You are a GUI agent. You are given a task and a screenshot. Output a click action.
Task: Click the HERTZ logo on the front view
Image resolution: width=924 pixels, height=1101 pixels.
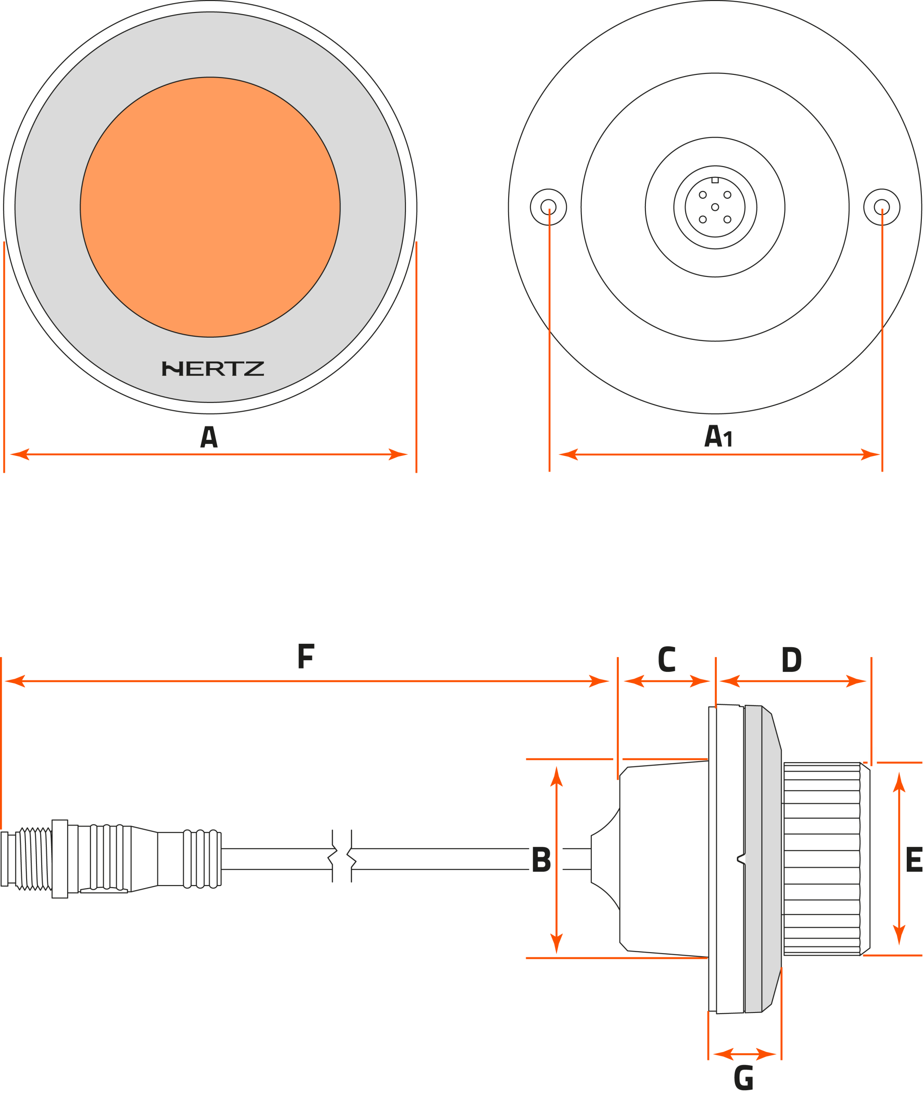point(213,369)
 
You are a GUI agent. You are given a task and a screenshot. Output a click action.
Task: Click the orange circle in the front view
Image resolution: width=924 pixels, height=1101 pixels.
point(210,207)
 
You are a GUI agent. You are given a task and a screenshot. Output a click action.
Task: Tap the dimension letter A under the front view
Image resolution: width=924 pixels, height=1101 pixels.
point(209,437)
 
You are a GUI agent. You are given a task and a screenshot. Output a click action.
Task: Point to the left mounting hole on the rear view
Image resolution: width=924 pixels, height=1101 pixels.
point(548,207)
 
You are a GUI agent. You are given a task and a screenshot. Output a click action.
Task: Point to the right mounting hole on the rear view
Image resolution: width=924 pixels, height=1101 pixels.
point(881,207)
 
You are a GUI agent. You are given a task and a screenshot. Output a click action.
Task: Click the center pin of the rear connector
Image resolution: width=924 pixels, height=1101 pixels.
point(715,207)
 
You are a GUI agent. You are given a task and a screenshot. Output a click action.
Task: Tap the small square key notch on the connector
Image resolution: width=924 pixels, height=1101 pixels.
point(715,180)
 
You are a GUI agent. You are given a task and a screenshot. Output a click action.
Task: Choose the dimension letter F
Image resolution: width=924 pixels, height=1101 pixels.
point(306,656)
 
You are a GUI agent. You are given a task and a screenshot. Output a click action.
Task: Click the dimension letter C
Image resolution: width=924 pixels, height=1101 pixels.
point(666,659)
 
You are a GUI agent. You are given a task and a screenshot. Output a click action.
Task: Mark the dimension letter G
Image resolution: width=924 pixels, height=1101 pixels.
point(743,1078)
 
